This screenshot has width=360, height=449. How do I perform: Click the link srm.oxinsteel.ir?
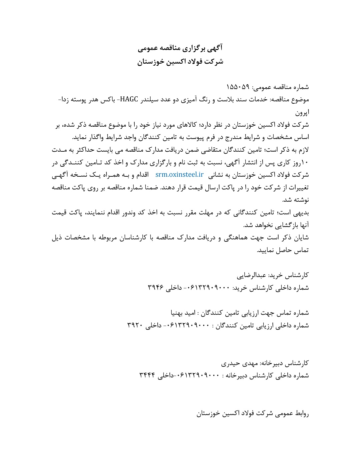coord(179,174)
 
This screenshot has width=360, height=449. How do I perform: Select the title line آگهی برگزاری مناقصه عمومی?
coord(180,49)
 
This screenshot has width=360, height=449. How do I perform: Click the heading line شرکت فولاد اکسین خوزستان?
coord(180,62)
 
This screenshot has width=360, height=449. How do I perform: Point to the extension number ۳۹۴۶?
coord(156,288)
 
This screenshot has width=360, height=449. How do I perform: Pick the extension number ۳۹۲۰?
coord(135,325)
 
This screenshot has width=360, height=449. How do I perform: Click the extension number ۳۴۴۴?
coord(148,376)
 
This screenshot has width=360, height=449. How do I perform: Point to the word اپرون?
coord(302,112)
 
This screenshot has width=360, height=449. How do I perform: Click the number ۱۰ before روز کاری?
coord(306,163)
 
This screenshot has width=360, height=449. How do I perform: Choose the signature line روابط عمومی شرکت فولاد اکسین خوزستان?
coord(253,414)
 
